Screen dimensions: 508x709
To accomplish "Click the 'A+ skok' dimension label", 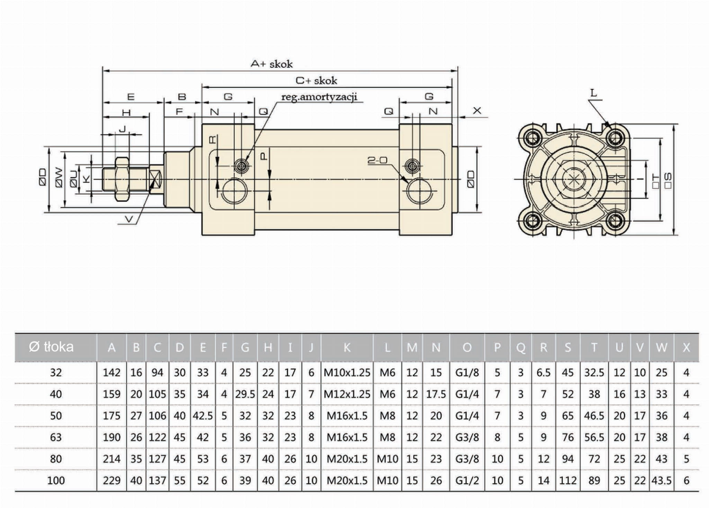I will pyautogui.click(x=272, y=64).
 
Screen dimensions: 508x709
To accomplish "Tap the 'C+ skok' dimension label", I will pyautogui.click(x=316, y=81).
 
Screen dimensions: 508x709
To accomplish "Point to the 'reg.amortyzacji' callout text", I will pyautogui.click(x=319, y=97).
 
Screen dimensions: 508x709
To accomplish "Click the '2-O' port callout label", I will pyautogui.click(x=377, y=160).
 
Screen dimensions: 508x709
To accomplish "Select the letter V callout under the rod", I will pyautogui.click(x=129, y=219).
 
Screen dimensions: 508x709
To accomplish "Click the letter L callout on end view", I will pyautogui.click(x=594, y=93).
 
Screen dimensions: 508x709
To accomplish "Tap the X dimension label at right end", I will pyautogui.click(x=477, y=111).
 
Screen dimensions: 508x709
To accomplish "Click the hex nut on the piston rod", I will pyautogui.click(x=122, y=179).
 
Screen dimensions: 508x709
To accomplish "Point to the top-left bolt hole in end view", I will pyautogui.click(x=532, y=138).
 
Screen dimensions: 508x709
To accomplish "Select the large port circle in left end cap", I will pyautogui.click(x=235, y=191).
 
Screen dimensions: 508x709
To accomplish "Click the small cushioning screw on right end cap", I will pyautogui.click(x=412, y=166).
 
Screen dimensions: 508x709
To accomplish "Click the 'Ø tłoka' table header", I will pyautogui.click(x=52, y=347).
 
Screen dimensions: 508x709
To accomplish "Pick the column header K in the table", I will pyautogui.click(x=347, y=347).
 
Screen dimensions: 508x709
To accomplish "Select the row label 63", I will pyautogui.click(x=56, y=437).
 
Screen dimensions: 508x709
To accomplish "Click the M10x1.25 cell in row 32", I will pyautogui.click(x=347, y=373).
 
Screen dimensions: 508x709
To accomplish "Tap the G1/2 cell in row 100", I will pyautogui.click(x=467, y=481).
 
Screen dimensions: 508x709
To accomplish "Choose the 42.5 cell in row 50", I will pyautogui.click(x=203, y=416).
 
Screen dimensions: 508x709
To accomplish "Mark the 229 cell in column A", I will pyautogui.click(x=111, y=481).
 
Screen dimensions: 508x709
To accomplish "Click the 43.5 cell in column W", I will pyautogui.click(x=661, y=481).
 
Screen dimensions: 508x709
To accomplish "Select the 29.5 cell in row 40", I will pyautogui.click(x=245, y=394).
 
